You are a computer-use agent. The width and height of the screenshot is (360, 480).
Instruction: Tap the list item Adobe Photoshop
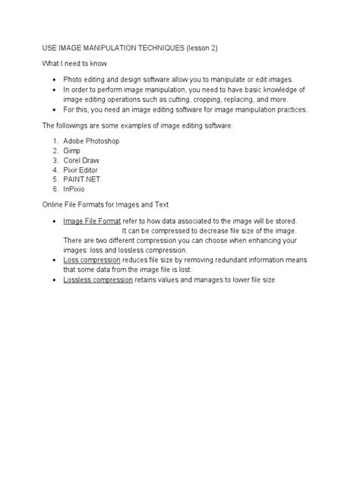(94, 141)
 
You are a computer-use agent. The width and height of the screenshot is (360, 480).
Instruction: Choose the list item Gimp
(73, 151)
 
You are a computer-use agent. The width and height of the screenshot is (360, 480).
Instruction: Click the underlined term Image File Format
(92, 220)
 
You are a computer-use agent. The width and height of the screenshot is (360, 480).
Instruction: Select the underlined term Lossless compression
(99, 279)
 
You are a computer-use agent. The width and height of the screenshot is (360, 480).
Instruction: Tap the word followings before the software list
(73, 125)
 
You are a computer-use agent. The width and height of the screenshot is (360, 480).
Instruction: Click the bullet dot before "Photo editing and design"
(55, 80)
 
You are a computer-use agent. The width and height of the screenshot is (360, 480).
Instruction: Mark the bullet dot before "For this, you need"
(55, 109)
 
